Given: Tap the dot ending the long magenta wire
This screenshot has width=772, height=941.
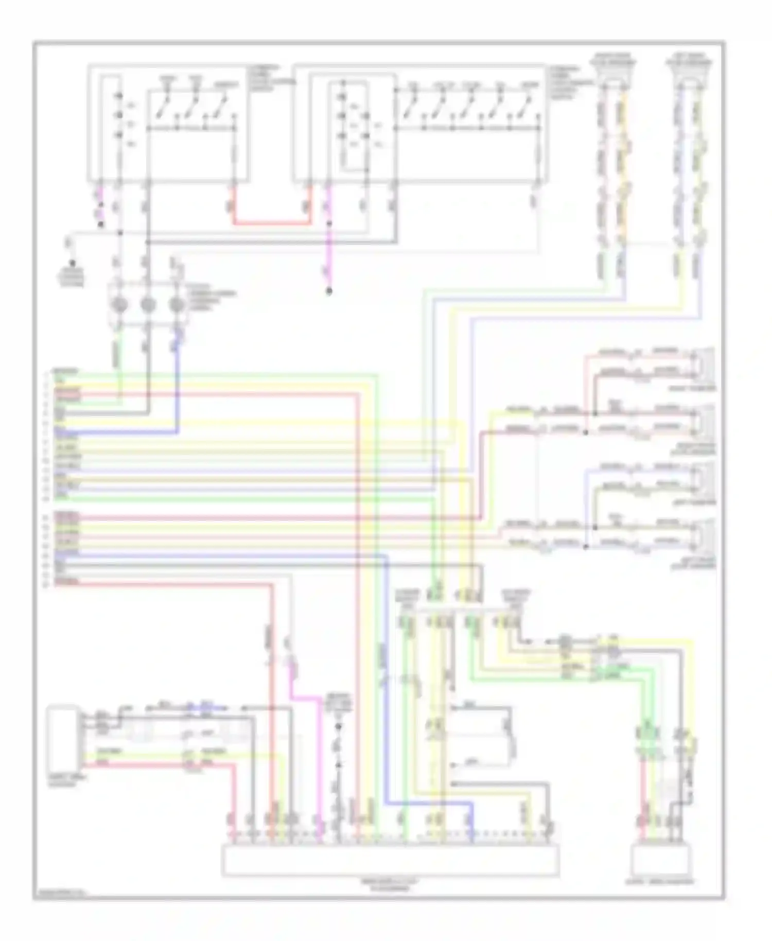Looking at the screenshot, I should (x=329, y=292).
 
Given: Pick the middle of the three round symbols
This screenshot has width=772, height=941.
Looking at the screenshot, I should (x=148, y=305).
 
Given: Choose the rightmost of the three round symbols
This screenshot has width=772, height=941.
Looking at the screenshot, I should (x=177, y=305).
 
